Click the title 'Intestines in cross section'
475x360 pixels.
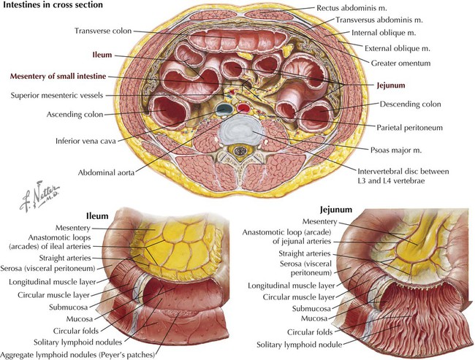pyautogui.click(x=53, y=5)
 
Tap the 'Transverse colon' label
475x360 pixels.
pyautogui.click(x=103, y=31)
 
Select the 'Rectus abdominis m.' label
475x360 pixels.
pyautogui.click(x=351, y=8)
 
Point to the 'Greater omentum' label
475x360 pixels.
pyautogui.click(x=400, y=64)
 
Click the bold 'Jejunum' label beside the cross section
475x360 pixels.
pyautogui.click(x=391, y=85)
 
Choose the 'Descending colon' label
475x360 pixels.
pyautogui.click(x=410, y=104)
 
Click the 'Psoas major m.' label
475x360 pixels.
pyautogui.click(x=396, y=150)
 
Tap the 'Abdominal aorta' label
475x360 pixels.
pyautogui.click(x=106, y=172)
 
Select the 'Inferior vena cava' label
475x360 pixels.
pyautogui.click(x=85, y=141)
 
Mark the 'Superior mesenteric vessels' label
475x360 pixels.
pyautogui.click(x=57, y=96)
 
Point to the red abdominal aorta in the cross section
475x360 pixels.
pyautogui.click(x=243, y=107)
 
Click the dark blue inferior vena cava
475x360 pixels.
pyautogui.click(x=224, y=109)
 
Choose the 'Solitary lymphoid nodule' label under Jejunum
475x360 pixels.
pyautogui.click(x=300, y=345)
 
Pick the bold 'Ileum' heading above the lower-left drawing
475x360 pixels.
pyautogui.click(x=97, y=216)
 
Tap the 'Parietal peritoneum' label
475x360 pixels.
pyautogui.click(x=409, y=128)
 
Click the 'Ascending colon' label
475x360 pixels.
pyautogui.click(x=75, y=115)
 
